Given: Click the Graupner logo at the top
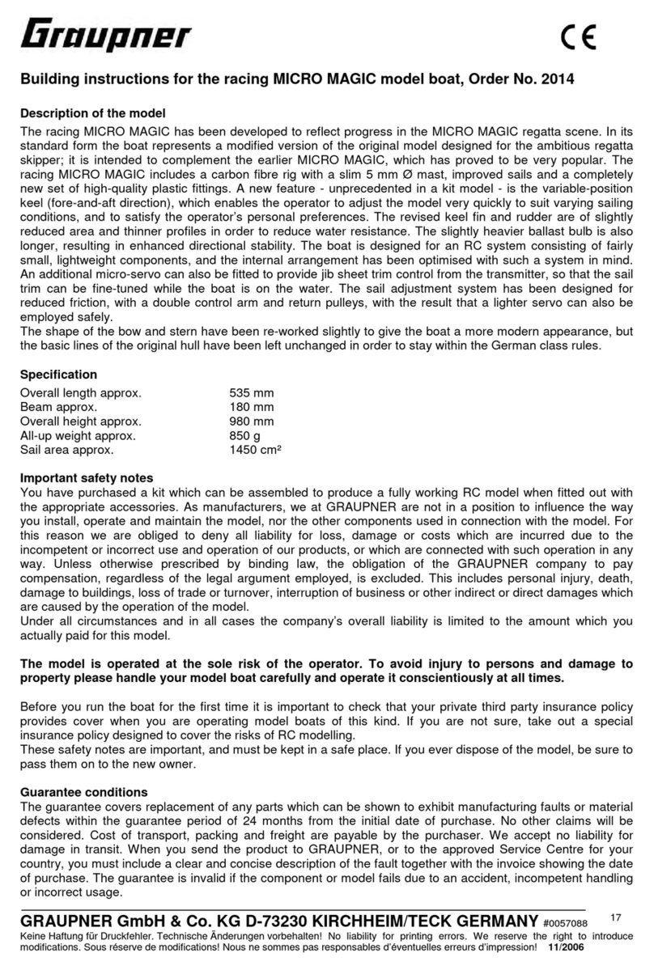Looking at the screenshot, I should click(105, 37).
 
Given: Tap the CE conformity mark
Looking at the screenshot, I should click(578, 38).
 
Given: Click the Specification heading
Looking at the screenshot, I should click(58, 375).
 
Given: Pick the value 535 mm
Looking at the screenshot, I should click(252, 393).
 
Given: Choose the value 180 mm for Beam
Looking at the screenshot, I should click(252, 407).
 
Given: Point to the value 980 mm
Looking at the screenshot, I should click(252, 421).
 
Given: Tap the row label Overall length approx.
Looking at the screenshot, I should click(80, 393).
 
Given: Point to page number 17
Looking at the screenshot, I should click(616, 917).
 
